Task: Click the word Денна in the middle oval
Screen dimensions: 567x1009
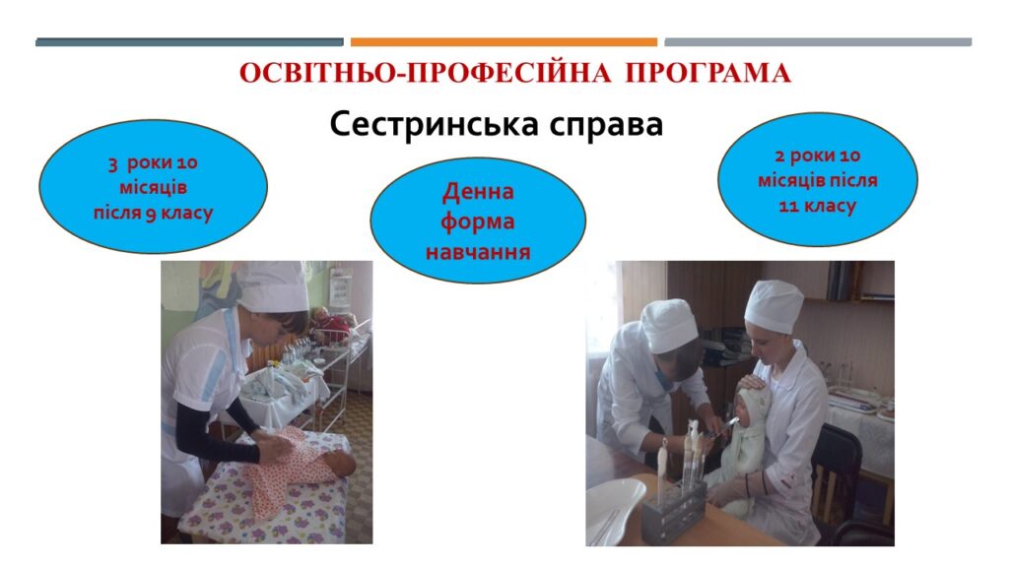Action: point(478,192)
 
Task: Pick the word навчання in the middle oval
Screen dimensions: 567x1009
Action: point(478,252)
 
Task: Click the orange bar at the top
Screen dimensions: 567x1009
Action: point(504,42)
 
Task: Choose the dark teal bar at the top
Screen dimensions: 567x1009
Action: point(189,42)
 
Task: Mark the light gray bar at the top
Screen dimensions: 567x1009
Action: point(818,42)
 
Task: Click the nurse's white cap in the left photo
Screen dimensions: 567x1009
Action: point(273,286)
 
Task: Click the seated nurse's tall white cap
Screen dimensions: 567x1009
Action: point(774,305)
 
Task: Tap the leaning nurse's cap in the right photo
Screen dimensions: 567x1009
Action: point(669,326)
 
